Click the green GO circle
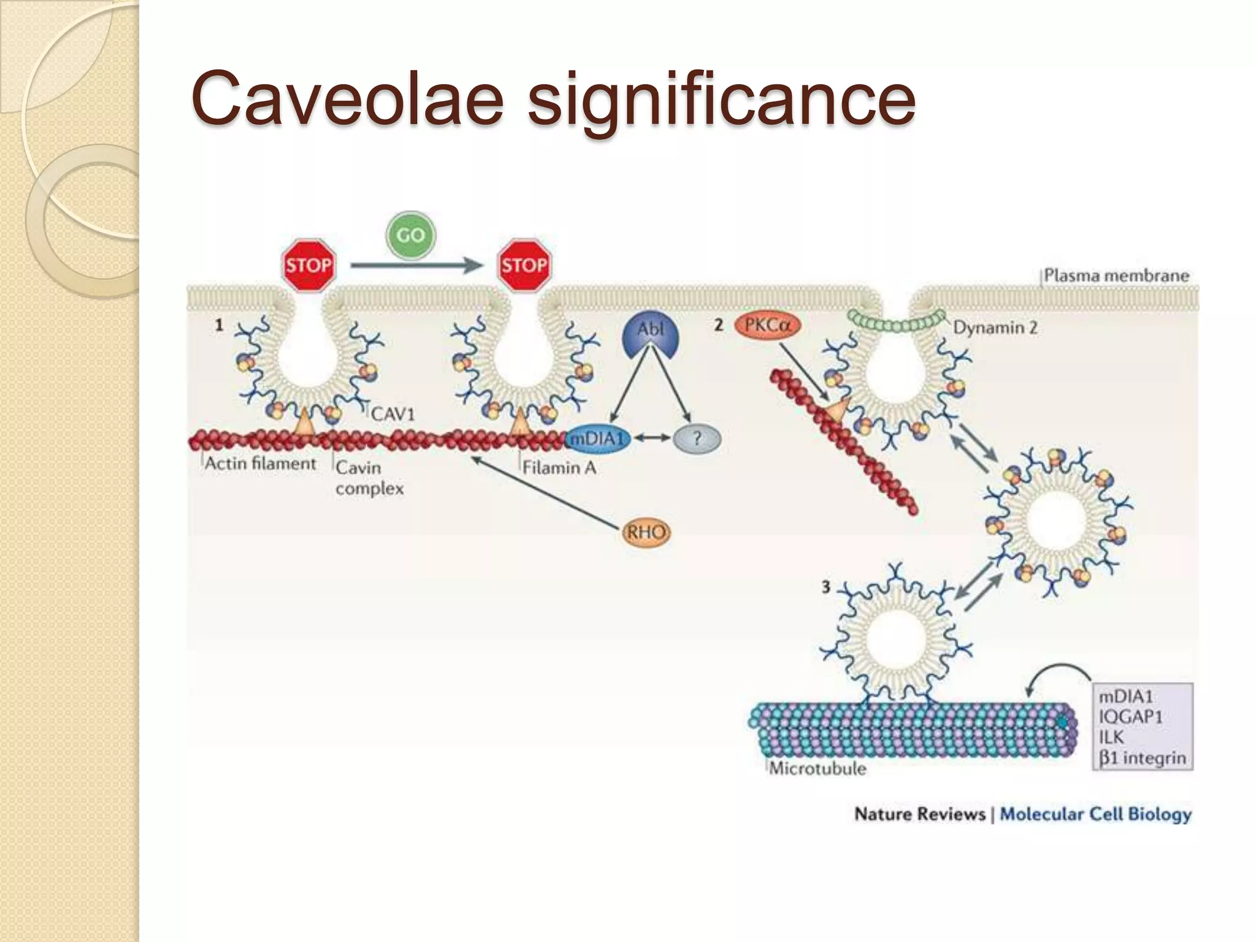pyautogui.click(x=410, y=235)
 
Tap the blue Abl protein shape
pyautogui.click(x=651, y=336)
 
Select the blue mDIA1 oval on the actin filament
pyautogui.click(x=597, y=439)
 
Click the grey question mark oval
pyautogui.click(x=697, y=439)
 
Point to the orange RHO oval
pyautogui.click(x=646, y=532)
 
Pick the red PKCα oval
pyautogui.click(x=767, y=326)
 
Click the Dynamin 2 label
pyautogui.click(x=995, y=327)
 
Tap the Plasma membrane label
pyautogui.click(x=1116, y=275)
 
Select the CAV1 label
pyautogui.click(x=392, y=415)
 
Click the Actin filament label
pyautogui.click(x=260, y=464)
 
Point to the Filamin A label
pyautogui.click(x=559, y=468)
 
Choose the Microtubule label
pyautogui.click(x=818, y=768)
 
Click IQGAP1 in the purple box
pyautogui.click(x=1130, y=717)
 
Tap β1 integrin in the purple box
pyautogui.click(x=1142, y=758)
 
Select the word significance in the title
pyautogui.click(x=721, y=99)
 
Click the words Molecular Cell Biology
pyautogui.click(x=1095, y=814)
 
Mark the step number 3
pyautogui.click(x=825, y=587)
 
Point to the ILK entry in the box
pyautogui.click(x=1111, y=737)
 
